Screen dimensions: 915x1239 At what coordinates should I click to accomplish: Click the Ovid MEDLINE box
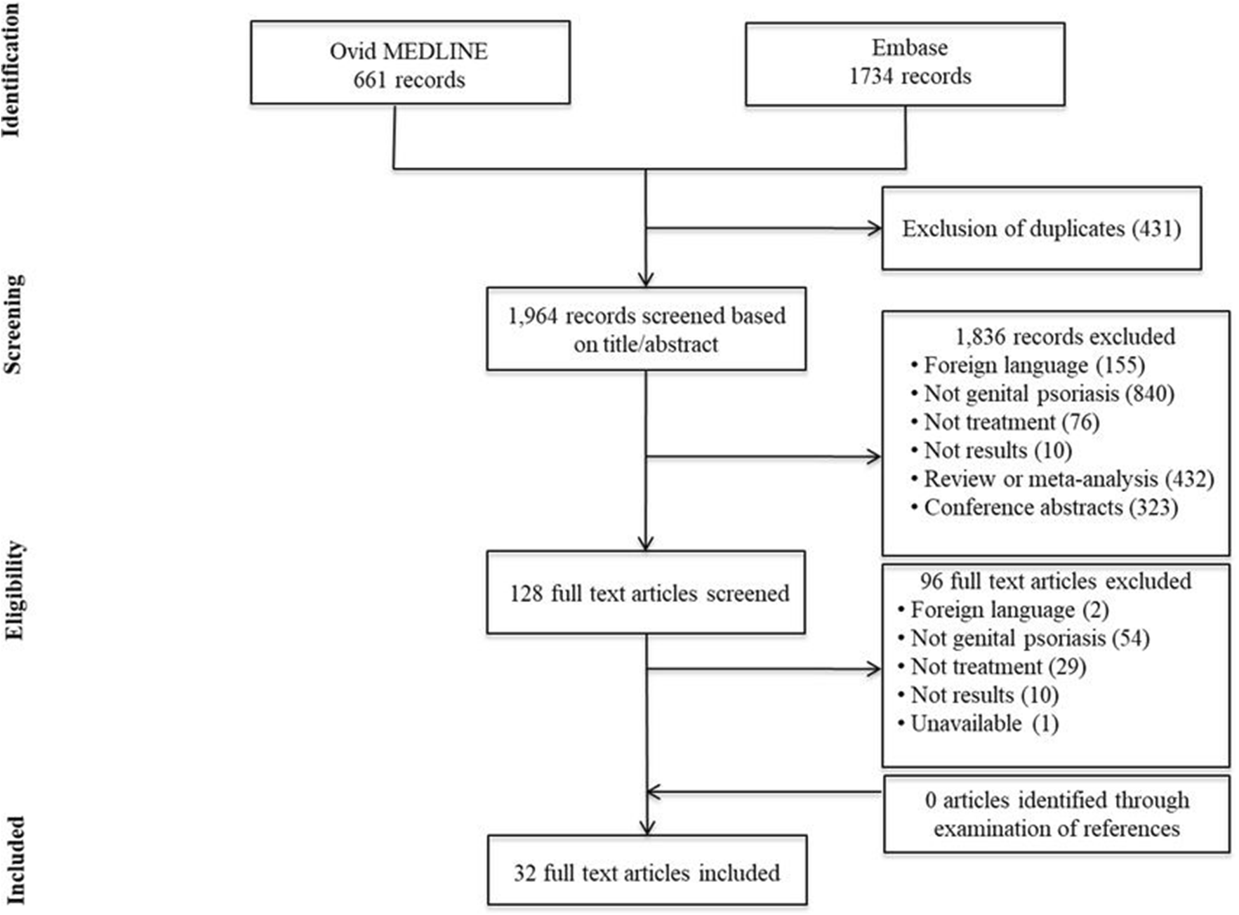(x=410, y=63)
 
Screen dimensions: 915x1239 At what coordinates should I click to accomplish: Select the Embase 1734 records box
(x=905, y=63)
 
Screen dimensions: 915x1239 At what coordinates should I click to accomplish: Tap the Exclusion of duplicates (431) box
(x=1041, y=229)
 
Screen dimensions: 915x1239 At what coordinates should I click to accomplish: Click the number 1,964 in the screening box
(x=533, y=316)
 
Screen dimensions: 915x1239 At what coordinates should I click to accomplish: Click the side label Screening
(x=14, y=323)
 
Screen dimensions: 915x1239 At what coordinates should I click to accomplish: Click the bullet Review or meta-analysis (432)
(x=1068, y=479)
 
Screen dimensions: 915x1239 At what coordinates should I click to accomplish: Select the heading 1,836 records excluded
(x=1065, y=337)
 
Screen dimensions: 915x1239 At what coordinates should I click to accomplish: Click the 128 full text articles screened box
(x=646, y=593)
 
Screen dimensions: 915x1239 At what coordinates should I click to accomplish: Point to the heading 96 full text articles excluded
(x=1055, y=581)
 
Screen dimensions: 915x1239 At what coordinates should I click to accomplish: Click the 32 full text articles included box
(x=647, y=872)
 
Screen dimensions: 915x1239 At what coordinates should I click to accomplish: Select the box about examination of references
(x=1056, y=814)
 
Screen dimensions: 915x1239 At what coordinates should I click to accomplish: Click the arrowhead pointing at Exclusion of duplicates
(x=875, y=229)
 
